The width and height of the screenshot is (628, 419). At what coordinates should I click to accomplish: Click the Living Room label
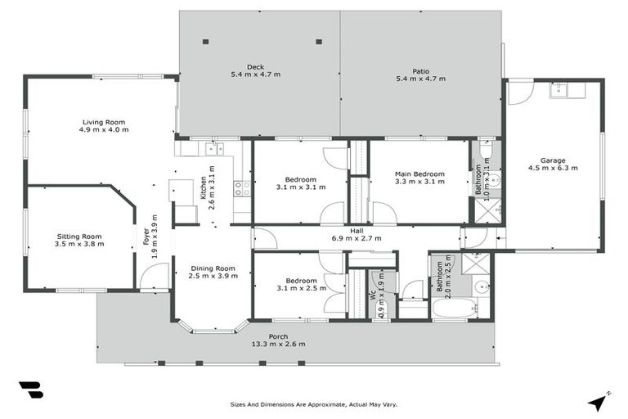[103, 122]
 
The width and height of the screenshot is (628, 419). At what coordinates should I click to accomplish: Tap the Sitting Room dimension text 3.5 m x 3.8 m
[79, 244]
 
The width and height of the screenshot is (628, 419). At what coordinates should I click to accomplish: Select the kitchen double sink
[214, 149]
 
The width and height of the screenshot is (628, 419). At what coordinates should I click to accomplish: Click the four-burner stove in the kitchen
[242, 188]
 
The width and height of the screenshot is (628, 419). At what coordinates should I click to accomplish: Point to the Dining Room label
[213, 268]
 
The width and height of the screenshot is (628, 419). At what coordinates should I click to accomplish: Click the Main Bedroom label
[419, 174]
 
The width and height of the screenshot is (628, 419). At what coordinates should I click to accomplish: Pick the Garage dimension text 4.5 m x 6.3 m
[553, 168]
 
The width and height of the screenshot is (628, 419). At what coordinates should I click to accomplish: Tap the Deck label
[256, 67]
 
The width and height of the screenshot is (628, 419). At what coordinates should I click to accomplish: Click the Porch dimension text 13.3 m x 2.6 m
[279, 344]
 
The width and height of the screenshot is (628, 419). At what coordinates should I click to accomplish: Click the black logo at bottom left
[30, 390]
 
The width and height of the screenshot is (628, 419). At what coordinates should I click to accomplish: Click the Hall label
[357, 231]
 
